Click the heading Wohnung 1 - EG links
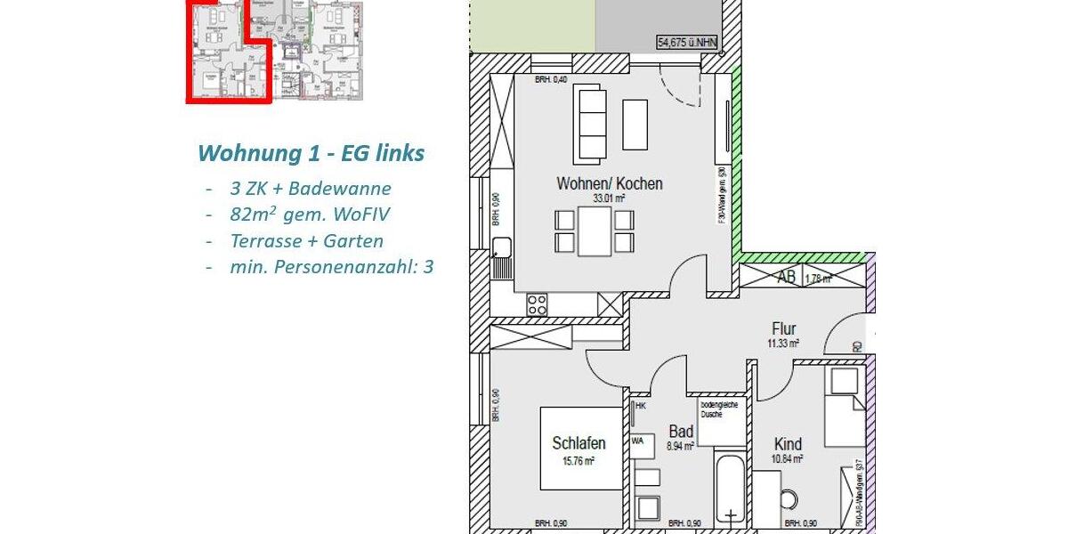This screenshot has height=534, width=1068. pyautogui.click(x=311, y=153)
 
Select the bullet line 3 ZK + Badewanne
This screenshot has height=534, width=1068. pyautogui.click(x=310, y=189)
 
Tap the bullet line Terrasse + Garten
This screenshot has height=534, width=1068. pyautogui.click(x=306, y=240)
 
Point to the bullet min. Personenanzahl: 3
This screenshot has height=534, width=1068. pyautogui.click(x=331, y=266)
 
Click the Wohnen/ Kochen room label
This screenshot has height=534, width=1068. pyautogui.click(x=609, y=184)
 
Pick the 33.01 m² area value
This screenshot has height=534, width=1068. pyautogui.click(x=609, y=199)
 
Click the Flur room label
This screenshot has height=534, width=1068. pyautogui.click(x=783, y=329)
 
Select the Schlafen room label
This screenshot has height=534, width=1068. pyautogui.click(x=578, y=443)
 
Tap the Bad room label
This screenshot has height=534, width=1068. pyautogui.click(x=681, y=432)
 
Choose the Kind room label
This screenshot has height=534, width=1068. pyautogui.click(x=788, y=444)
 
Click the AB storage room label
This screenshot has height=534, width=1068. pyautogui.click(x=787, y=277)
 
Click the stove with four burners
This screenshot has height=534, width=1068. pyautogui.click(x=537, y=304)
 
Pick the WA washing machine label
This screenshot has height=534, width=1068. pyautogui.click(x=637, y=440)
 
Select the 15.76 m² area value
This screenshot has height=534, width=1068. pyautogui.click(x=578, y=461)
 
